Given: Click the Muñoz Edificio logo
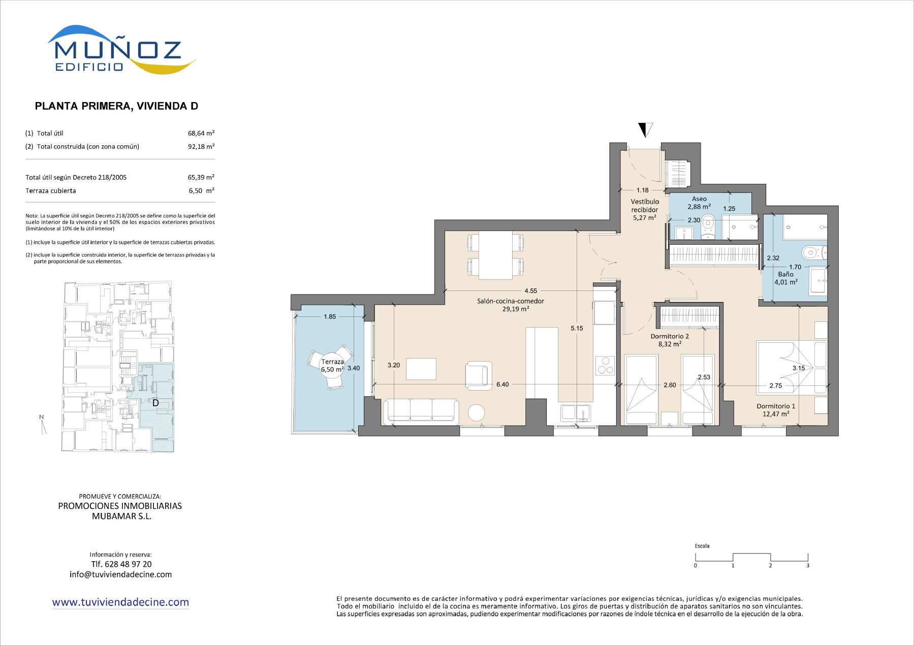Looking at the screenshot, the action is (121, 50).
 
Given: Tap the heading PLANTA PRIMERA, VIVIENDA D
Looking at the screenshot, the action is (116, 106).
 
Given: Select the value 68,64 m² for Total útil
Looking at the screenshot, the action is (201, 133).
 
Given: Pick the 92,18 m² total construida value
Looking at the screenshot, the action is (201, 146).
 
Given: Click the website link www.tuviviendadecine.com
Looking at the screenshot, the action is (120, 602).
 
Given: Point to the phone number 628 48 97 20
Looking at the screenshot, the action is (128, 564).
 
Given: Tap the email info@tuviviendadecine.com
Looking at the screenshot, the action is (121, 574).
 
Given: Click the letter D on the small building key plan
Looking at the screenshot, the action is (156, 403).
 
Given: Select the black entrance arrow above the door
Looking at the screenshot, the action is (645, 129).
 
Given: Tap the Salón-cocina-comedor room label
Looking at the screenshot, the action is (511, 301).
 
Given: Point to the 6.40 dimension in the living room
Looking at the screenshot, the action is (502, 384).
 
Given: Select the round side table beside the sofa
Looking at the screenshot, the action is (477, 412).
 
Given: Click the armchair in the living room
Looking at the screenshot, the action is (479, 375).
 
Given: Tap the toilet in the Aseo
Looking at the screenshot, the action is (708, 227).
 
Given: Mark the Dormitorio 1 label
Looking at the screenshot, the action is (776, 406).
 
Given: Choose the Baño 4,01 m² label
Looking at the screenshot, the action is (786, 278).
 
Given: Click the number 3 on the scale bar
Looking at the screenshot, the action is (808, 565).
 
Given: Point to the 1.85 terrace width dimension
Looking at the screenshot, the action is (330, 316).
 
